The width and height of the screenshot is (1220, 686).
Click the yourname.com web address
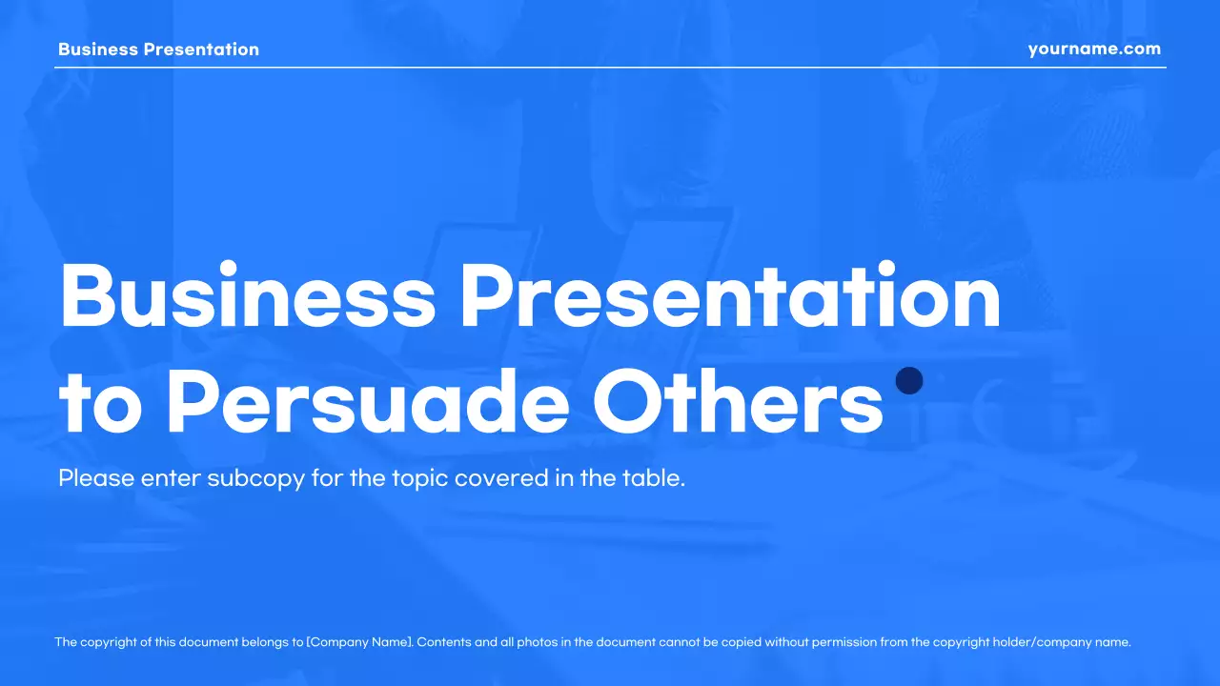tap(1094, 50)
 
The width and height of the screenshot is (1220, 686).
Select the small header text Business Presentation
tap(158, 50)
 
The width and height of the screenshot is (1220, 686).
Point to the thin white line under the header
tap(610, 68)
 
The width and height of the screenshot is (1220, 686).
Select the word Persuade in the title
tap(368, 403)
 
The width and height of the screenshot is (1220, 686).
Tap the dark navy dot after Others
tap(910, 381)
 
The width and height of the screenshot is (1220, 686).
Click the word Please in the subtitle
tap(96, 478)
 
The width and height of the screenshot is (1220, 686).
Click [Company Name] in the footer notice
tap(359, 642)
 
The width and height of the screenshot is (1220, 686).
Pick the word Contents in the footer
tap(444, 642)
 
